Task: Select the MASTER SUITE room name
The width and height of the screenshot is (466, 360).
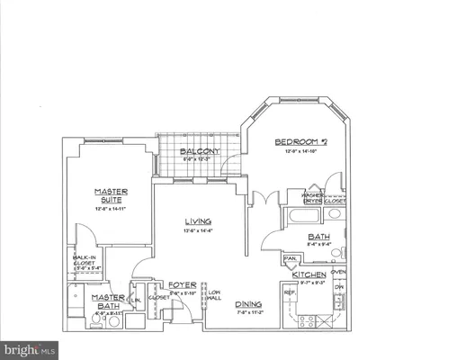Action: (x=112, y=195)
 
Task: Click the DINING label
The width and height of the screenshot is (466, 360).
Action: (x=247, y=304)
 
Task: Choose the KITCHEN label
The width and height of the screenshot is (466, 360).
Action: (x=308, y=274)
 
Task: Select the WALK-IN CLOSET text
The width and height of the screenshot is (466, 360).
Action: (x=85, y=261)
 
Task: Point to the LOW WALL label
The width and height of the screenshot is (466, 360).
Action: (x=214, y=296)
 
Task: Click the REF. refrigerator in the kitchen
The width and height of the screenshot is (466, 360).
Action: (x=290, y=292)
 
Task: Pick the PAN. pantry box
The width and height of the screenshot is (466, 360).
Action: (x=290, y=259)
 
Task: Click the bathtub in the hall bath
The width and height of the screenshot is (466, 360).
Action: (x=300, y=216)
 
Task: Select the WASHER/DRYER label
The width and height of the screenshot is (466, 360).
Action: (x=312, y=198)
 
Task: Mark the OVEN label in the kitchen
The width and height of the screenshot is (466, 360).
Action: (x=337, y=272)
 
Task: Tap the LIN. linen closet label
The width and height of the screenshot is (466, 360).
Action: (x=137, y=300)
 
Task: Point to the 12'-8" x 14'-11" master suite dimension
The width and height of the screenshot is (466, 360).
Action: (x=112, y=209)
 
